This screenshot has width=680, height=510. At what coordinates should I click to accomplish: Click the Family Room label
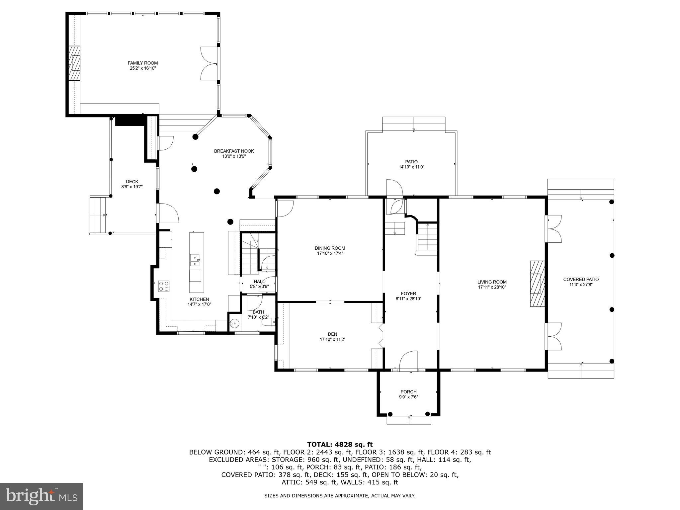coord(143,63)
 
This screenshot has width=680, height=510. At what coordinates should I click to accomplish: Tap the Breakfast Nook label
coord(234,151)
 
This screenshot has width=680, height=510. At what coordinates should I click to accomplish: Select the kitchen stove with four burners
coord(164,286)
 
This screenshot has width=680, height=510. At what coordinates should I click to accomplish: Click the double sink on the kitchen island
coord(195,260)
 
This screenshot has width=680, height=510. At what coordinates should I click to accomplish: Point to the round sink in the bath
coord(235,323)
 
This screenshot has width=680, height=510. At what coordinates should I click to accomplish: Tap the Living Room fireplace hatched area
coord(537,284)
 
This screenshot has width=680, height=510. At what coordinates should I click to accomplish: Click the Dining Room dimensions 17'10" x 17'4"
coord(330,253)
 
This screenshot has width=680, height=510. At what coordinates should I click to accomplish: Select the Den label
coord(332,334)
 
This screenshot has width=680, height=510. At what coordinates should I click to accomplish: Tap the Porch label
coord(408,392)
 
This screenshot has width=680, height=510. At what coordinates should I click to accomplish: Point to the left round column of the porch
coord(390,414)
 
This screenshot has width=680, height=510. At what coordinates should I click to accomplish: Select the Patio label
coord(411,162)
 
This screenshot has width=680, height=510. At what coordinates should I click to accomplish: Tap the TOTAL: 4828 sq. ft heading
coord(340,445)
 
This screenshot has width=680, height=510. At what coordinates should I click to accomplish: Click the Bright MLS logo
coord(42,496)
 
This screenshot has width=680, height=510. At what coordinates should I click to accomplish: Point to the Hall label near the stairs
coord(259,281)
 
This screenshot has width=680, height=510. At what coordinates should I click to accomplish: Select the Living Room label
coord(492,282)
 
